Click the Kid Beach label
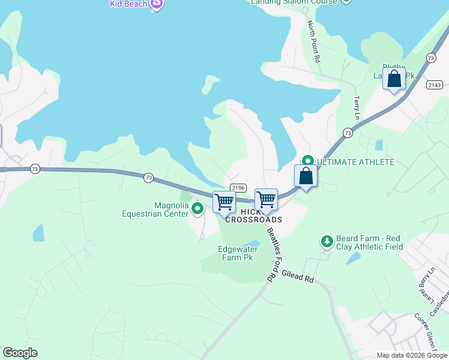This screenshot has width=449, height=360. coord(128,4)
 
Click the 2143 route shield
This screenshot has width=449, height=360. coord(435,85)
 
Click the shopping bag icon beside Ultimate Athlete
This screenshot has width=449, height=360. coord(306,176)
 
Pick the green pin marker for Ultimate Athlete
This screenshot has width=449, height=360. coord(307,161)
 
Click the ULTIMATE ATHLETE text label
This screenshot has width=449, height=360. coord(355,163)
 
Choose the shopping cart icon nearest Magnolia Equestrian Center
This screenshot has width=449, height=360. coord(224,202)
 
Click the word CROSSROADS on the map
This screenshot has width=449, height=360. coord(253,220)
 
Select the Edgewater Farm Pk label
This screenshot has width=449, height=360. coord(238,253)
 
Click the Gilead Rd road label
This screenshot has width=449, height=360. coord(297,276)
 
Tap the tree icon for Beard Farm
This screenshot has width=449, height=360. coord(327,241)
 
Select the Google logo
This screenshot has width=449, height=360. coord(20,353)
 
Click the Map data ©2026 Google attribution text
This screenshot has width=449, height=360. coord(412,355)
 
